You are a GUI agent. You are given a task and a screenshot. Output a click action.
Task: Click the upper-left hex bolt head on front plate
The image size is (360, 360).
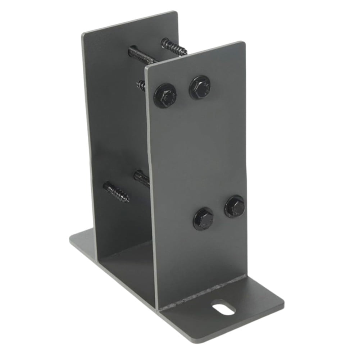pos(165,95)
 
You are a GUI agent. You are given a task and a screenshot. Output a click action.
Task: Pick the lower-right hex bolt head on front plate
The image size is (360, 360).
pos(235,207)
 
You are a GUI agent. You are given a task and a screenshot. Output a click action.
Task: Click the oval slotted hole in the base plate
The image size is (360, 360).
pos(223,309)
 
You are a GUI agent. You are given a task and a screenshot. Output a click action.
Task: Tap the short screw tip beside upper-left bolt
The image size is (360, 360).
pos(141,85)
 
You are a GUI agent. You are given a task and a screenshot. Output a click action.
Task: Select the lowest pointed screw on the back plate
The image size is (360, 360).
pos(116,192)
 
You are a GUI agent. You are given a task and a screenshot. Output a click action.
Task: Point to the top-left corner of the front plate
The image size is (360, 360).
pos(146,68)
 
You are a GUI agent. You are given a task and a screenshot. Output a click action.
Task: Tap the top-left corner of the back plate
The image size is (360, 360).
pos(83,33)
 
